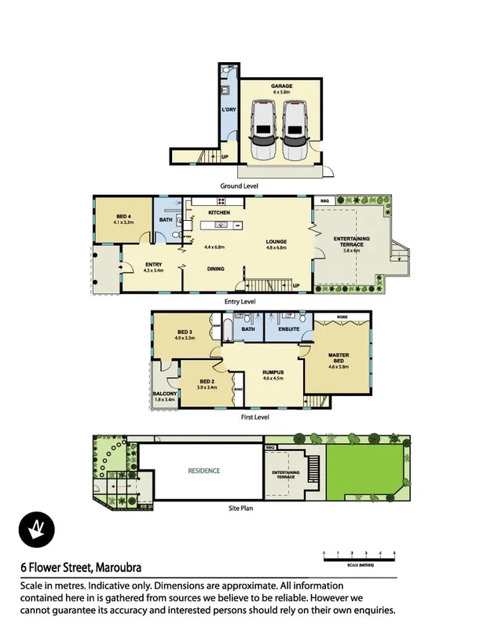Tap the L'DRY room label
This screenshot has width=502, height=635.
point(229,109)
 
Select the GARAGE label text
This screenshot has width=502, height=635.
point(280,87)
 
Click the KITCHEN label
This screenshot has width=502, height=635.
point(218,213)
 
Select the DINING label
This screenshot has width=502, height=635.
point(215,269)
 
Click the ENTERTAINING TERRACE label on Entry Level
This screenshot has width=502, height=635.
point(351,241)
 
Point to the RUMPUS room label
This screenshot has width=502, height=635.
point(273,373)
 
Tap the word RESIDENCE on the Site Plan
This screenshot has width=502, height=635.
point(203,471)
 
